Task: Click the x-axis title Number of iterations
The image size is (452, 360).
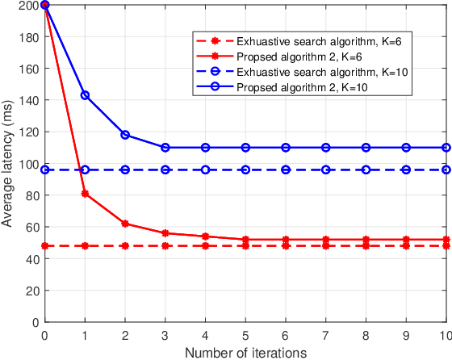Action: click(245, 352)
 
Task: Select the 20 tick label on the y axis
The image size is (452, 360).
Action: click(31, 291)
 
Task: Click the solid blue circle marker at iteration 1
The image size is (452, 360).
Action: click(85, 95)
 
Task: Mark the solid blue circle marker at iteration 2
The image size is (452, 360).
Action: click(125, 135)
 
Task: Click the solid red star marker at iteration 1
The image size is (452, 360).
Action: click(85, 194)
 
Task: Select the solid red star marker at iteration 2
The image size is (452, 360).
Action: click(125, 224)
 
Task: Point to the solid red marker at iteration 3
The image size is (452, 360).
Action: click(165, 233)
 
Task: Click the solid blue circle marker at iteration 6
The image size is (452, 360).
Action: click(286, 148)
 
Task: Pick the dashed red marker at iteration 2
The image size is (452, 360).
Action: click(125, 245)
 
